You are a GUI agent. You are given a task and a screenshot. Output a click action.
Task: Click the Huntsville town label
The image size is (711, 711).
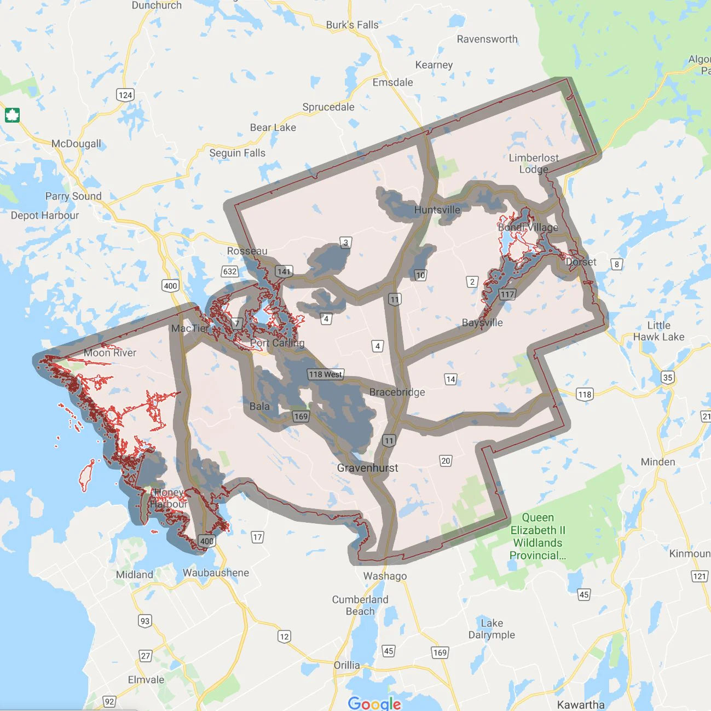[437, 210]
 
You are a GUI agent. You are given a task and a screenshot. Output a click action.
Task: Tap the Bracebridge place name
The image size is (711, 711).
[397, 392]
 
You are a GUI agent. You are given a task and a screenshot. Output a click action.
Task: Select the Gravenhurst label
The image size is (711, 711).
[367, 468]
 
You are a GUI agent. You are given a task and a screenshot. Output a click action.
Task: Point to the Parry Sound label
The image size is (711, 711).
[73, 196]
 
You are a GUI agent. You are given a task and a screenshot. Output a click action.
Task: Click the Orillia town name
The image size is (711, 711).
[347, 665]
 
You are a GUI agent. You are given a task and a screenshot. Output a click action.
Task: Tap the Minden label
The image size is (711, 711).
[658, 462]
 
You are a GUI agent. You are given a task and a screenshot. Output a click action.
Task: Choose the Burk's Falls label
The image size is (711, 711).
[352, 25]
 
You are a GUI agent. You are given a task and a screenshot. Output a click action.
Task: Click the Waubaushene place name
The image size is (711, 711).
[216, 573]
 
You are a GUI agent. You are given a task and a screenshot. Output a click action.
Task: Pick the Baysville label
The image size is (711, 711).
[482, 322]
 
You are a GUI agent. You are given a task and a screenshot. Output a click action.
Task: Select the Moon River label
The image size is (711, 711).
[110, 352]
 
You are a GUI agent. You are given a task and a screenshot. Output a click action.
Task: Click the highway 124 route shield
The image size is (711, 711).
[125, 95]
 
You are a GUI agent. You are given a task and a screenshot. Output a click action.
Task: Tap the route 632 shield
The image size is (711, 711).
[230, 271]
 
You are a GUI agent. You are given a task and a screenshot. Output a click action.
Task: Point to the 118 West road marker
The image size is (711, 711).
[325, 374]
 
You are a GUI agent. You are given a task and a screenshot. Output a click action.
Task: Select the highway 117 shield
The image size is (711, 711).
[507, 294]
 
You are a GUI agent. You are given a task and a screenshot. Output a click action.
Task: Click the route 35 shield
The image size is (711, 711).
[668, 377]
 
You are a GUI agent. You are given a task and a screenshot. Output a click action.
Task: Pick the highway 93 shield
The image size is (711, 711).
[144, 621]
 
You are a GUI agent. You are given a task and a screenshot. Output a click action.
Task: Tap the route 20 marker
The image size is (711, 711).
[446, 461]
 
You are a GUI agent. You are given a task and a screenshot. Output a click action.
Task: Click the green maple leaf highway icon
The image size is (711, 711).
[12, 115]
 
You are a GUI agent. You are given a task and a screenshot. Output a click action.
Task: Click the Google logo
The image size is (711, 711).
[374, 703]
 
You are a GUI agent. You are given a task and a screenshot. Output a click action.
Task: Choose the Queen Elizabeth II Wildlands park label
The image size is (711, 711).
[537, 536]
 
